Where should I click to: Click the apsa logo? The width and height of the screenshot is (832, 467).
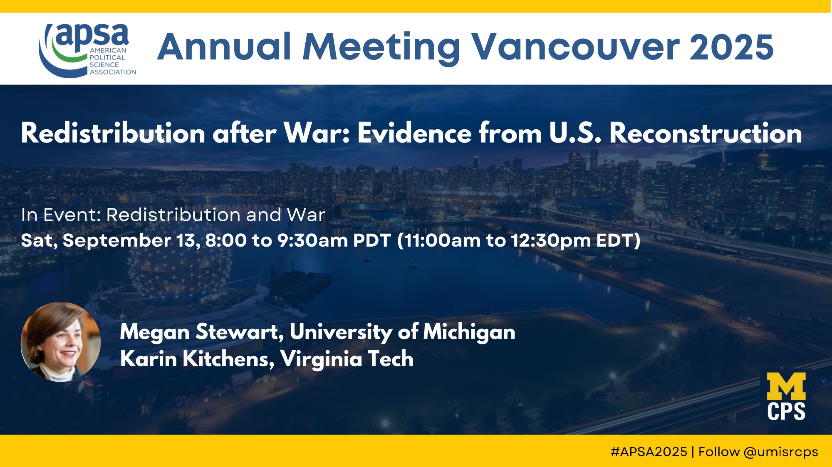coord(87,50)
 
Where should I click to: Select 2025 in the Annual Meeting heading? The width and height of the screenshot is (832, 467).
coord(732,47)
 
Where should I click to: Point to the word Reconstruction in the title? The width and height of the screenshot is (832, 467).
coord(706,133)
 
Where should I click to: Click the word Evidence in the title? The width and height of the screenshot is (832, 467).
coord(414,133)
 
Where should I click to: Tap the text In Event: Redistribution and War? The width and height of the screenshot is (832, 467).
coord(173,215)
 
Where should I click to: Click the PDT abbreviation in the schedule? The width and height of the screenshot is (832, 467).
coord(372,240)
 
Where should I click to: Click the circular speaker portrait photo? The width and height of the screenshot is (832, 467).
coord(61,342)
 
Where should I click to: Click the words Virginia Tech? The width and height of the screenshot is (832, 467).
coord(347,359)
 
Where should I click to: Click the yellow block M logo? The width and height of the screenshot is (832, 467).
coord(786,386)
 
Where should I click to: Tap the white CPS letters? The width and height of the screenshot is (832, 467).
coord(786,411)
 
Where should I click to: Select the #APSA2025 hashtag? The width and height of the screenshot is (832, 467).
coord(649,452)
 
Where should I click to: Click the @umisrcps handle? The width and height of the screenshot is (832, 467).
coord(781,452)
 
